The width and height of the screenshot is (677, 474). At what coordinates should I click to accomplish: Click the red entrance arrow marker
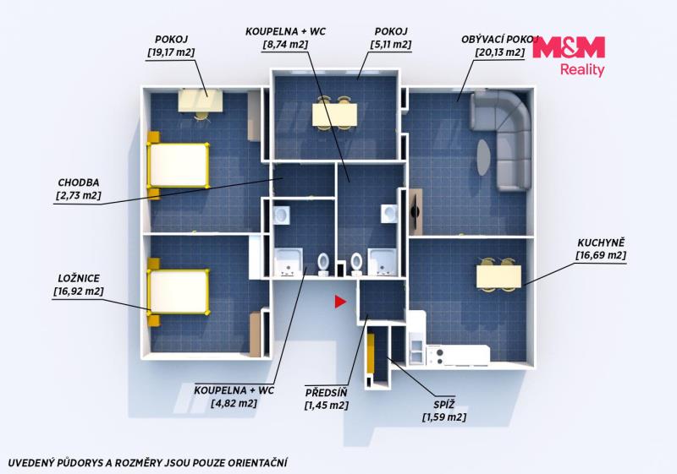coord(340,302)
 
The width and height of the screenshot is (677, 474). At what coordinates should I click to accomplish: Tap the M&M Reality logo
coord(569,56)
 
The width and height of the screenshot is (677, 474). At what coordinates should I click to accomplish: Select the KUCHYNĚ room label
coord(601,242)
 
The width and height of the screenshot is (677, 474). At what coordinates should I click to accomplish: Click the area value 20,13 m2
coord(500,52)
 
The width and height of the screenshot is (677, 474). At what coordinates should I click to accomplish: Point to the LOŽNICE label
coord(79,278)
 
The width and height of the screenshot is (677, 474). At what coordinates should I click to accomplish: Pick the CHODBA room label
coord(79,183)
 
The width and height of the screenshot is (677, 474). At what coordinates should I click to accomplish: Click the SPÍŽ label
coord(444,405)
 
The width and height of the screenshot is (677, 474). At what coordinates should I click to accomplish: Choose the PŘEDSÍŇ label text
coord(326,393)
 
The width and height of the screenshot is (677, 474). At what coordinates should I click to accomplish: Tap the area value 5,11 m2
coord(391,45)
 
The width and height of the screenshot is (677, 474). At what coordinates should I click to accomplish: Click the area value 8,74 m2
coord(285,45)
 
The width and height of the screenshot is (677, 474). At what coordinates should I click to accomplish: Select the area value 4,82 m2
coord(234,403)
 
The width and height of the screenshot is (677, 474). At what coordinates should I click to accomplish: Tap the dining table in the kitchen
coord(498,276)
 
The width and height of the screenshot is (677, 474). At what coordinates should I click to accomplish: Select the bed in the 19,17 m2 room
coord(178,165)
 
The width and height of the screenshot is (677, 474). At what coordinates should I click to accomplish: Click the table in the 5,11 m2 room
coord(334,114)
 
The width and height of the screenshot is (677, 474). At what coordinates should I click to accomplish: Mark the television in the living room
coord(416,211)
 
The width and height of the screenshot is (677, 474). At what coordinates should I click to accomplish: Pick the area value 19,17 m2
coord(171,52)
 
